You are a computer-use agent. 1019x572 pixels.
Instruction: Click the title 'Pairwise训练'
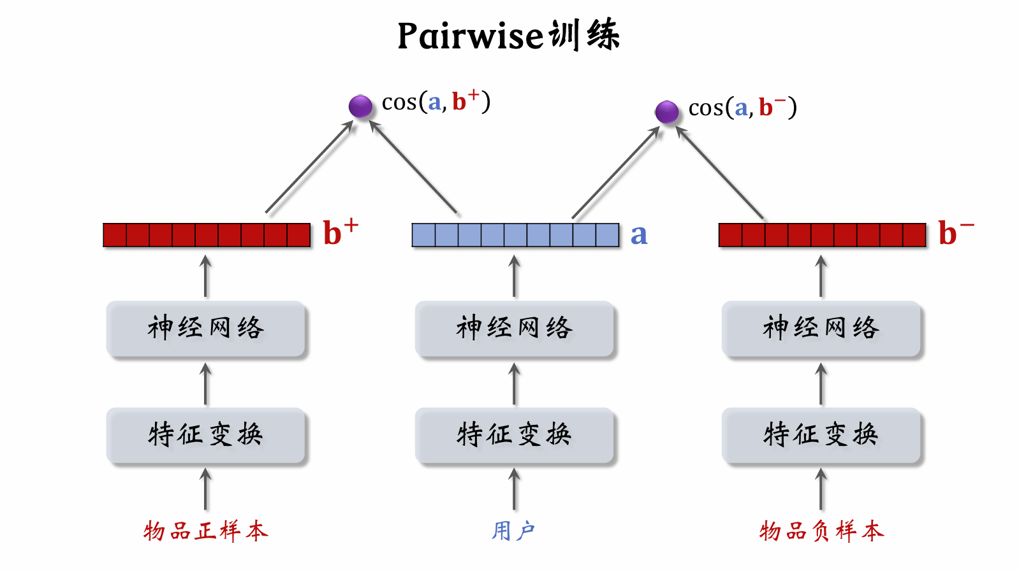[x=508, y=35]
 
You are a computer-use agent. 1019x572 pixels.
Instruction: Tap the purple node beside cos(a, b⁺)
[x=360, y=106]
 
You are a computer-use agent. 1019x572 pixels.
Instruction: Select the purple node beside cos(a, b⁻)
[x=666, y=111]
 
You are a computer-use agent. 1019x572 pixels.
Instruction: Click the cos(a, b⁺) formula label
[x=436, y=101]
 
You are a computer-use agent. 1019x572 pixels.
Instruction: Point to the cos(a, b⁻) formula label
[x=742, y=108]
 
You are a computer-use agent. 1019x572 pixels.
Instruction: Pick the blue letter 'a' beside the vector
[x=638, y=235]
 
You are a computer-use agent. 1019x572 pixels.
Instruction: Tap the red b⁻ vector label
[x=955, y=232]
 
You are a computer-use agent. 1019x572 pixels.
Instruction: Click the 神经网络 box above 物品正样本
[x=205, y=328]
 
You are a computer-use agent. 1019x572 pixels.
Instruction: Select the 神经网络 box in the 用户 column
[x=514, y=328]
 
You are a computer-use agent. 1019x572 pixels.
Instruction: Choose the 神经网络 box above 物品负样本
[x=821, y=328]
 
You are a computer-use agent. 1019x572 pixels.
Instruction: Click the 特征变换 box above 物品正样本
[x=205, y=434]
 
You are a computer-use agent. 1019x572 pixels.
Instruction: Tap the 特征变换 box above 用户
[x=514, y=434]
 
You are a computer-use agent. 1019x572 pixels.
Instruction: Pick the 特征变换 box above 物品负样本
[x=821, y=434]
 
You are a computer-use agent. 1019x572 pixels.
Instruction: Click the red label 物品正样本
[x=205, y=531]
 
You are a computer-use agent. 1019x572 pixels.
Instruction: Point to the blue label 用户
[x=513, y=531]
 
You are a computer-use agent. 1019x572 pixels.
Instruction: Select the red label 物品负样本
[x=821, y=531]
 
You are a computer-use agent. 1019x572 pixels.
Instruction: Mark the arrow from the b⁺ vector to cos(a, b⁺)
[x=309, y=167]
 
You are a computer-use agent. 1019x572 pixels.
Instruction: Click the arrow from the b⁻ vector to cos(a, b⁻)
[x=719, y=173]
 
